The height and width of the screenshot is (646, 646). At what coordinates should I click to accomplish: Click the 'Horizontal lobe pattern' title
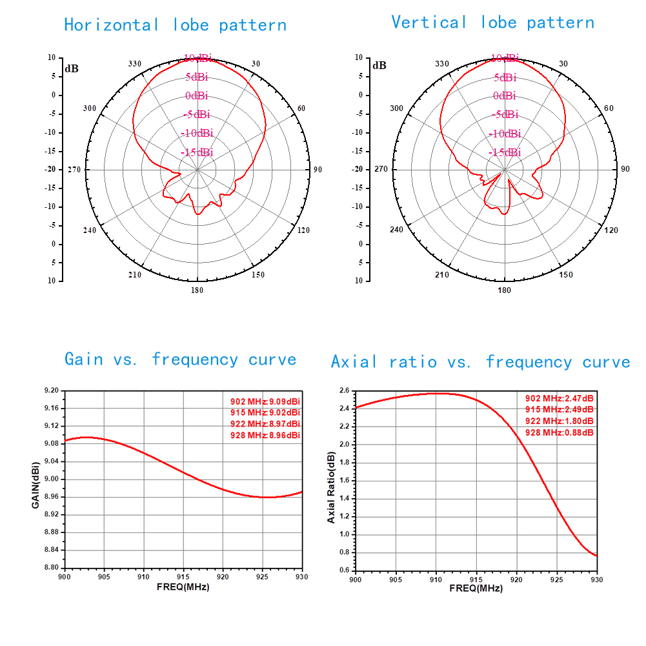tap(175, 25)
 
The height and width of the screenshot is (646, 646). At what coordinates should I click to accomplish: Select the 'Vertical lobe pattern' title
tap(492, 23)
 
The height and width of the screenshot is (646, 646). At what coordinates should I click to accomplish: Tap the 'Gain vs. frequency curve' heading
tap(180, 359)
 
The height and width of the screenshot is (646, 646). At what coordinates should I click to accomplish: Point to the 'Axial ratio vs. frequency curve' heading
tap(480, 361)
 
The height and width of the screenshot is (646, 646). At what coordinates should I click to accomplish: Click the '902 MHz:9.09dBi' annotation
tap(265, 401)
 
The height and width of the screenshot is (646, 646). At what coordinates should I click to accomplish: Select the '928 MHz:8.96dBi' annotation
tap(265, 436)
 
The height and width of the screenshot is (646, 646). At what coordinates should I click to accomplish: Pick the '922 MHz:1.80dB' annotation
tap(560, 421)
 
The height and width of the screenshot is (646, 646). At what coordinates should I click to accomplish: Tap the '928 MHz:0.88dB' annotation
tap(560, 432)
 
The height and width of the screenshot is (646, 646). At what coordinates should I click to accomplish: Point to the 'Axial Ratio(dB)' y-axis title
tap(331, 487)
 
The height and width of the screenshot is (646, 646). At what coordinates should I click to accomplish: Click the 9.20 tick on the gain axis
tap(51, 391)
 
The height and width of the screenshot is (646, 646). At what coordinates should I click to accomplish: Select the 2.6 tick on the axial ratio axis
tap(343, 391)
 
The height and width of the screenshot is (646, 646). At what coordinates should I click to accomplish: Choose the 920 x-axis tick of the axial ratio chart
tap(516, 579)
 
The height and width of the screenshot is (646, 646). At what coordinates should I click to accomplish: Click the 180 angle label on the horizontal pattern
tap(197, 290)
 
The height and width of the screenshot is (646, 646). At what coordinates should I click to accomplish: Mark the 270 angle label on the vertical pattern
tap(381, 169)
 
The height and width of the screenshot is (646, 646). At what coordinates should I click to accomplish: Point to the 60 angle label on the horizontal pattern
tap(301, 108)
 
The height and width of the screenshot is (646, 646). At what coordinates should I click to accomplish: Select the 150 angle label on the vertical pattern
tap(565, 275)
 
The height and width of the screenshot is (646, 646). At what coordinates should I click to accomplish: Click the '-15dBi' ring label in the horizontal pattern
tap(197, 152)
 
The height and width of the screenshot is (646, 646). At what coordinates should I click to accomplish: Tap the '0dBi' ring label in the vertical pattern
tap(504, 96)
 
